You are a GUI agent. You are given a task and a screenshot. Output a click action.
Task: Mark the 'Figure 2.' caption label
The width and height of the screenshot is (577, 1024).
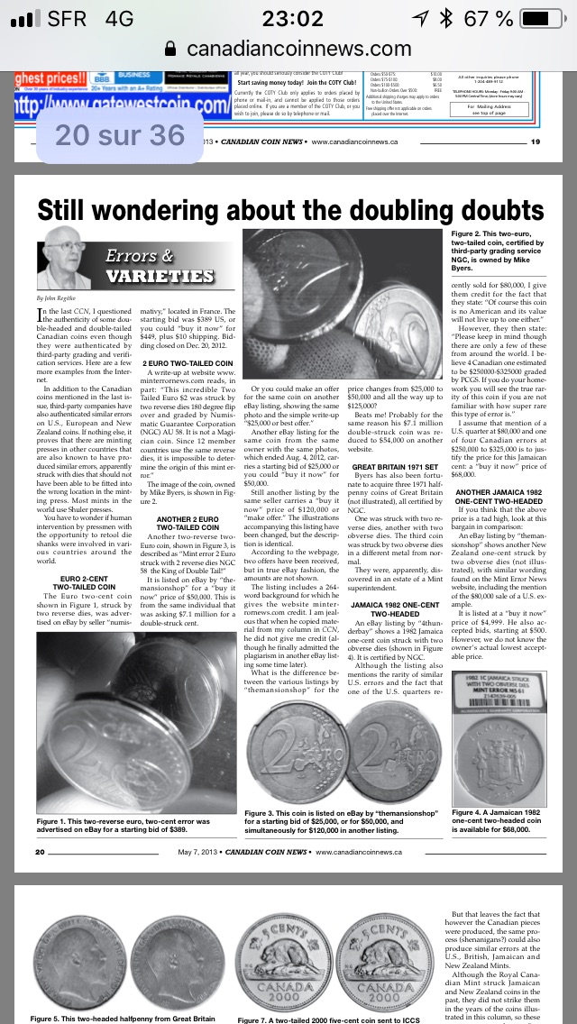pyautogui.click(x=471, y=235)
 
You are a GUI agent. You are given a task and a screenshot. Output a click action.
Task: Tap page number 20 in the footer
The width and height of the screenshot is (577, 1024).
pyautogui.click(x=41, y=852)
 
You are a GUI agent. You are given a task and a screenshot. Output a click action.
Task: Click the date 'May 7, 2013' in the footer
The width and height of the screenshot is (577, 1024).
pyautogui.click(x=198, y=852)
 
